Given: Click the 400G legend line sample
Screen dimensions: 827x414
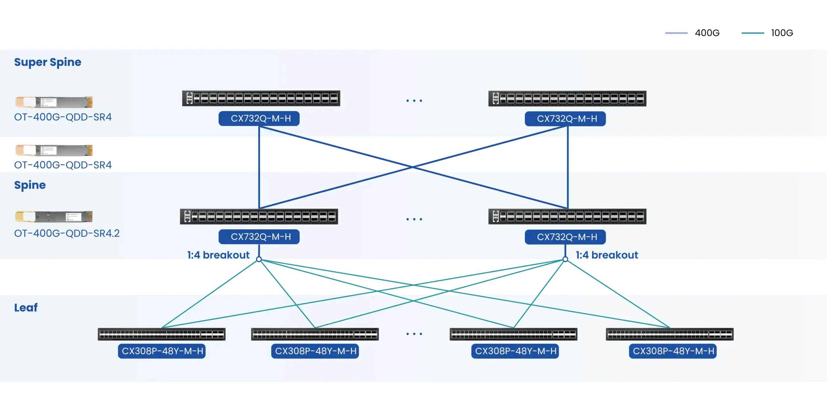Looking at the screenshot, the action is point(676,33).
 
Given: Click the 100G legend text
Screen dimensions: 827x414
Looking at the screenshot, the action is point(782,33).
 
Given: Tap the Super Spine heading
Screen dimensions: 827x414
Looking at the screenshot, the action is point(48,62).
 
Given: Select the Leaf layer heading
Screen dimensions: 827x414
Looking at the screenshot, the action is point(26,307).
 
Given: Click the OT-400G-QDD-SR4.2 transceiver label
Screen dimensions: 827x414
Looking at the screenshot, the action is point(67,233).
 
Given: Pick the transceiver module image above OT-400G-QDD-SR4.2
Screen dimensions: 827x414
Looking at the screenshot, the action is point(54,216).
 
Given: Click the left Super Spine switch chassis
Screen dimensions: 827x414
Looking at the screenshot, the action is point(261,98).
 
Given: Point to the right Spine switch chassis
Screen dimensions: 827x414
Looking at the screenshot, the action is point(567,216).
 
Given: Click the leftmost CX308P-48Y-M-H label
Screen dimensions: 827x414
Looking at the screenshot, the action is point(162,351).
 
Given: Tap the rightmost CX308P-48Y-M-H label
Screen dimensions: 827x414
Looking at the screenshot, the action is point(673,351).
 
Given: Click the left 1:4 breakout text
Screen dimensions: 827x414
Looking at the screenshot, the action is point(218,255).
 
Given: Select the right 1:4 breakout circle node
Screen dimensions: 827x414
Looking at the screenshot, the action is point(565,259).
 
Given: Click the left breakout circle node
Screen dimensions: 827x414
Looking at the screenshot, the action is point(259,259).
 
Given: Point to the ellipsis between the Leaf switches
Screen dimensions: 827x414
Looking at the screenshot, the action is point(414,334).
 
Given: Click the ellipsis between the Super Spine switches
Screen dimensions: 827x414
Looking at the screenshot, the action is point(414,101).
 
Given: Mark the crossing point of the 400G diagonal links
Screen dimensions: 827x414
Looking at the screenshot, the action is point(413,167).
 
